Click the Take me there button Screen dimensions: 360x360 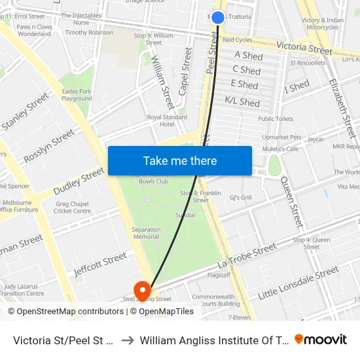[x=179, y=161]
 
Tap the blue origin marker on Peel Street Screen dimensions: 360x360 [x=218, y=18]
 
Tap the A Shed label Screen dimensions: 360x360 [x=249, y=56]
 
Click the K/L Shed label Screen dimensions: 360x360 [x=242, y=102]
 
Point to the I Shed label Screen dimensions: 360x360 [x=297, y=86]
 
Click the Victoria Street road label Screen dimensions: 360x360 [x=304, y=49]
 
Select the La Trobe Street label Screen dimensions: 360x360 [x=247, y=256]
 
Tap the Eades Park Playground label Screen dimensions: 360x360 [x=77, y=95]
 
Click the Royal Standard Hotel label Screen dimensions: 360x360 [x=166, y=120]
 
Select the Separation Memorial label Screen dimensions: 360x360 [x=146, y=233]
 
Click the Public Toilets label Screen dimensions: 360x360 [x=276, y=119]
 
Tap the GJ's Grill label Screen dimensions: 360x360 [x=241, y=197]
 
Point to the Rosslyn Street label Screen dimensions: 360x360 [x=49, y=147]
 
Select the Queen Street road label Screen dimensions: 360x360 [x=293, y=204]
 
